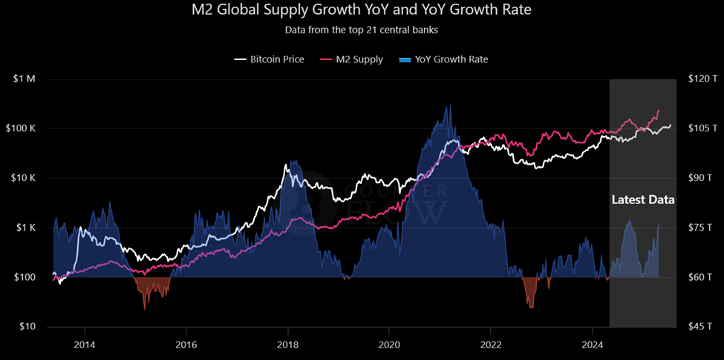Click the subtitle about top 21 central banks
pyautogui.click(x=361, y=31)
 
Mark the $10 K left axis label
pyautogui.click(x=25, y=178)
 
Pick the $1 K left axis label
pyautogui.click(x=27, y=228)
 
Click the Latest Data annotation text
pyautogui.click(x=643, y=200)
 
